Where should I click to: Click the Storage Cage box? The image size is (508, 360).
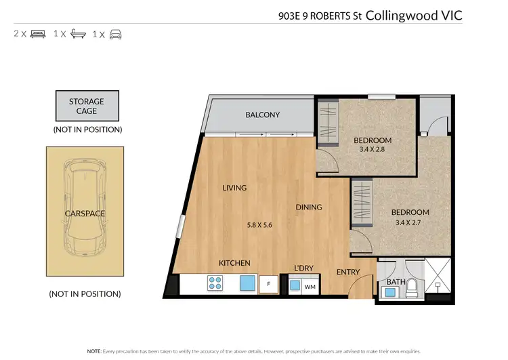point(87,106)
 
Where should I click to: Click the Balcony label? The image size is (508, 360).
point(262,115)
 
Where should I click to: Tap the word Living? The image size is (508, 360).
point(234,188)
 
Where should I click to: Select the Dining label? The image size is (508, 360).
point(308,207)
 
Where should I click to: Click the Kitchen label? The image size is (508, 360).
point(234,263)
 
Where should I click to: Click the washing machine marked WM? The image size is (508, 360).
point(310,286)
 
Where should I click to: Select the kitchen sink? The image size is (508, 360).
point(247,283)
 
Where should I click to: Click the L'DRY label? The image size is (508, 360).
point(303,268)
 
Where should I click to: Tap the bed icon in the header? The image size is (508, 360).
point(38,33)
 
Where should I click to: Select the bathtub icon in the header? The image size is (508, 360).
point(77,33)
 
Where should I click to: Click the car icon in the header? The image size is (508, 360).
point(115,33)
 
